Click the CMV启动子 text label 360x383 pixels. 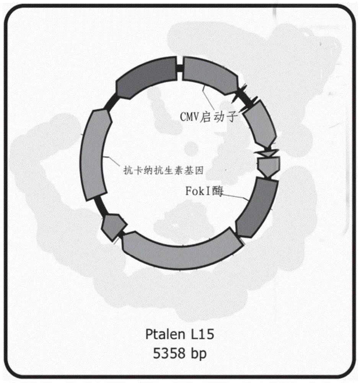209,117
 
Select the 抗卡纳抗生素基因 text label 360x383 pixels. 163,170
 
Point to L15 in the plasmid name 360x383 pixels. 202,334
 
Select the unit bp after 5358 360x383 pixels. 198,354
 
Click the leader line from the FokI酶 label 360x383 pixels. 236,197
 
